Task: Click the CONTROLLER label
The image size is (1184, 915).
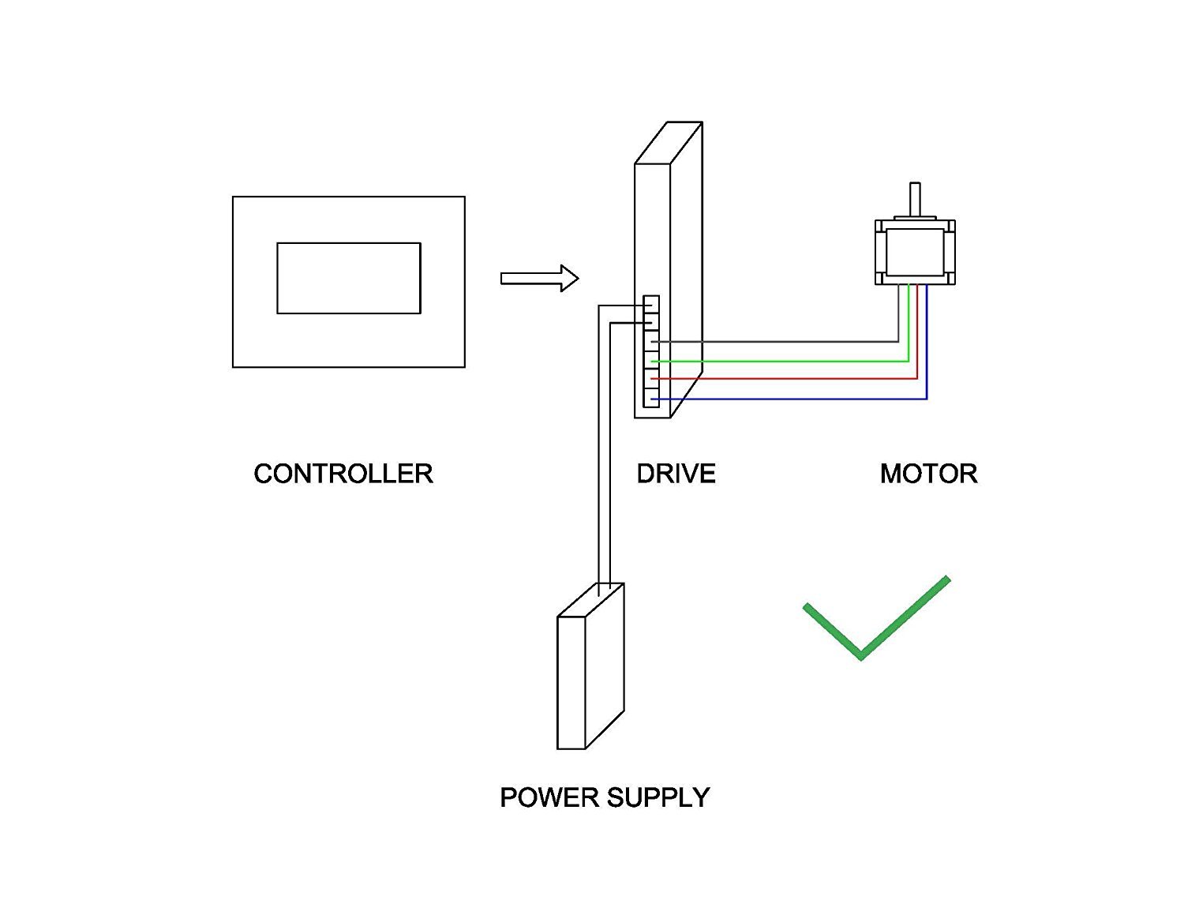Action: click(x=343, y=474)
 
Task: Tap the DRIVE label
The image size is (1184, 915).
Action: click(x=676, y=474)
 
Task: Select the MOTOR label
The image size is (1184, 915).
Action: click(x=928, y=474)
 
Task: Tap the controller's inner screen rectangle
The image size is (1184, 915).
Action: click(x=348, y=278)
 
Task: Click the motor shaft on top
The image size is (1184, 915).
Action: click(x=915, y=199)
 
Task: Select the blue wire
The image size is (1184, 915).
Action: click(x=789, y=399)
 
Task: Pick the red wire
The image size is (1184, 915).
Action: click(x=789, y=380)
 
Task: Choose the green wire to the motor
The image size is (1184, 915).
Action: click(x=789, y=361)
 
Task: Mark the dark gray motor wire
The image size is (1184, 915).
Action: click(x=789, y=342)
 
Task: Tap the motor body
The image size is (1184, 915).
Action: click(x=915, y=252)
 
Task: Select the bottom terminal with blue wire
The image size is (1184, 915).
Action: click(x=651, y=399)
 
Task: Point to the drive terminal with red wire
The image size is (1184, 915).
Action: click(x=651, y=379)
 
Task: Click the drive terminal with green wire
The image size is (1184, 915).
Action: click(x=651, y=360)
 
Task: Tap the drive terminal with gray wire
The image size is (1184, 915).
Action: click(x=651, y=341)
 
